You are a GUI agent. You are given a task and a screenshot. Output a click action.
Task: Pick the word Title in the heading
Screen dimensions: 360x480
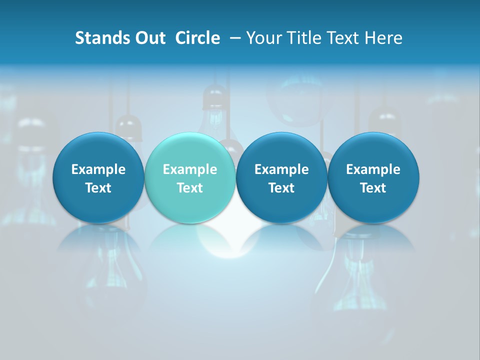[x=304, y=38]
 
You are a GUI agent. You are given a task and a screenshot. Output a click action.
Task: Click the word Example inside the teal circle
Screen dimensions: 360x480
[x=190, y=169]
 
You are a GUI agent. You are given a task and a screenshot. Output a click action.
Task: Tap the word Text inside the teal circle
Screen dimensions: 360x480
[x=190, y=188]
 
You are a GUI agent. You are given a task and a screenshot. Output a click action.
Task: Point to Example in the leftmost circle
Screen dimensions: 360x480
[x=98, y=169]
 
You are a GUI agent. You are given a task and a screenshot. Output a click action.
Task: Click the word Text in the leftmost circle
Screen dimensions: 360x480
[x=98, y=188]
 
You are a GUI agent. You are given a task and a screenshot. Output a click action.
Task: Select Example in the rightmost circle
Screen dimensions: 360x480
[x=373, y=169]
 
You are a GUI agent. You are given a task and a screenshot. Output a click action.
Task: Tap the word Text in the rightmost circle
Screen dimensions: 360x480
[x=373, y=188]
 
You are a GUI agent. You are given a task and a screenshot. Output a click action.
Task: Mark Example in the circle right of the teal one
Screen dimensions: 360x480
[x=281, y=169]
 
